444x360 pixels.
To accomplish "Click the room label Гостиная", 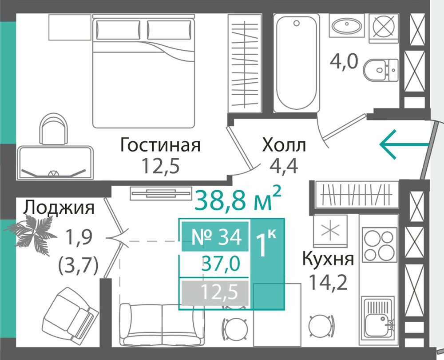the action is click(x=160, y=144).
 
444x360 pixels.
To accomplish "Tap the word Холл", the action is click(x=284, y=145).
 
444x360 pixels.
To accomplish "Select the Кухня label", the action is click(x=328, y=259).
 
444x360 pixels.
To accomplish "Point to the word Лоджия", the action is click(x=59, y=208).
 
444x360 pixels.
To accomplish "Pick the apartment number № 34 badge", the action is click(x=215, y=237).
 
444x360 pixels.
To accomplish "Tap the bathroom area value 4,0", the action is click(x=344, y=61).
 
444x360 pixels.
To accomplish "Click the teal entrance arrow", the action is click(x=404, y=144).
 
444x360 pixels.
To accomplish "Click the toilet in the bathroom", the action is click(x=381, y=70).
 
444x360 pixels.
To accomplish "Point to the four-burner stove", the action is click(x=379, y=244).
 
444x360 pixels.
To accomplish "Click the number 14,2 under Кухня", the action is click(x=328, y=283).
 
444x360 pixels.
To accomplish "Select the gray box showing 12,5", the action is click(x=215, y=293).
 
